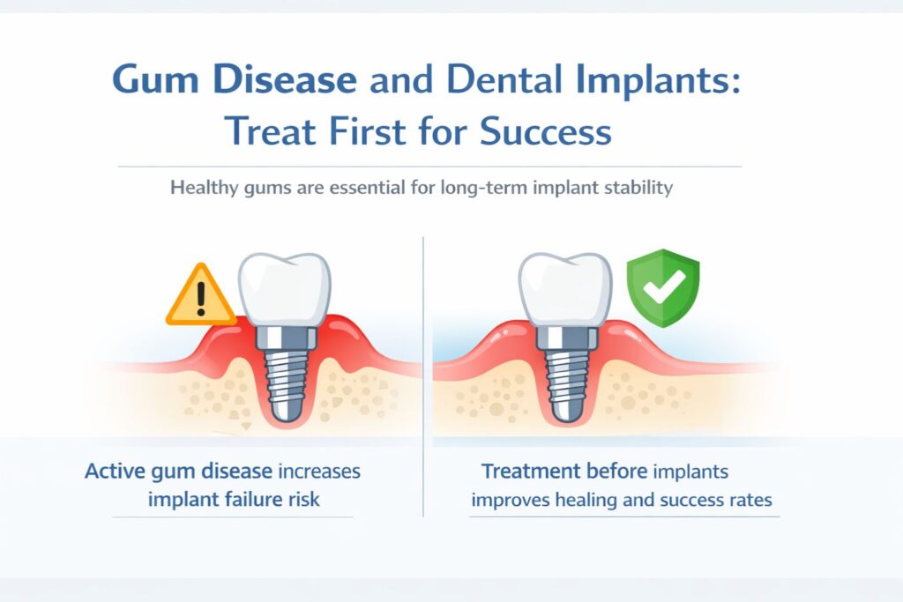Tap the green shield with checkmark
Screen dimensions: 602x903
point(661,286)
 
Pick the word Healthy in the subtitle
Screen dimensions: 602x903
point(202,188)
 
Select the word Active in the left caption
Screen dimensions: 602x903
point(116,471)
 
